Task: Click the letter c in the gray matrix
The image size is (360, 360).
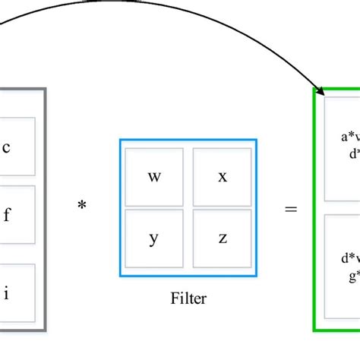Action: (x=7, y=147)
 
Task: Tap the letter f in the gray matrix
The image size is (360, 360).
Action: (x=7, y=215)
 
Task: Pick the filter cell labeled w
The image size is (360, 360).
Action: (x=154, y=177)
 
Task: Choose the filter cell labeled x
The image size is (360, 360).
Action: (x=223, y=177)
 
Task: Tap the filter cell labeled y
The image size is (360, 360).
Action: (x=154, y=238)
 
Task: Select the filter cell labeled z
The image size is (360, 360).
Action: (x=223, y=238)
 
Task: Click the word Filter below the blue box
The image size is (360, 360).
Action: (x=188, y=298)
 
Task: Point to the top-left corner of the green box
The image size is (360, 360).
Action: (x=314, y=89)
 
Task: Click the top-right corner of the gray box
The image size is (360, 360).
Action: (x=46, y=89)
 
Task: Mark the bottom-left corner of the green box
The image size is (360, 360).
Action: (x=314, y=330)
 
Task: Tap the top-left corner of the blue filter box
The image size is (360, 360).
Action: (x=120, y=140)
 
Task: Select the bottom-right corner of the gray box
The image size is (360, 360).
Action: (x=46, y=331)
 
